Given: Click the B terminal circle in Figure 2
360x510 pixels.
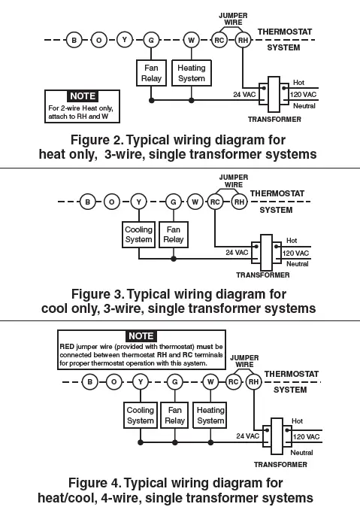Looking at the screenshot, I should pos(74,40).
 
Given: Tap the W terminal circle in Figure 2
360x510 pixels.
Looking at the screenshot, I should pos(192,40).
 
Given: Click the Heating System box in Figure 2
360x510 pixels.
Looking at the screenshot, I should pos(192,73).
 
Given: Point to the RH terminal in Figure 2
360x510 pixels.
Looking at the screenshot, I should pos(243,40).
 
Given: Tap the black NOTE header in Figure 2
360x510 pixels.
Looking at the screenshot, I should pos(82,96).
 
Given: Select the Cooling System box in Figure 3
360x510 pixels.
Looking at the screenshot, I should pos(138,235).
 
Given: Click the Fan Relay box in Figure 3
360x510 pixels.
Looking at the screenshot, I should pos(173,235).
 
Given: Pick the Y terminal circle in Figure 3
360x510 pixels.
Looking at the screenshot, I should pos(138,202).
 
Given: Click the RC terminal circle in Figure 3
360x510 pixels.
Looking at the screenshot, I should pos(215,202).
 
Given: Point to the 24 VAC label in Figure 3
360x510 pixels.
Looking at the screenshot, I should pos(237,253).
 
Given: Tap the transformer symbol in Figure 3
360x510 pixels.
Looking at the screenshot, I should pos(265,253).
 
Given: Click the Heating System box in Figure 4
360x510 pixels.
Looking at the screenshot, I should pos(210,415).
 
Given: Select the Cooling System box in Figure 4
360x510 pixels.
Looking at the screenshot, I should pos(140,415).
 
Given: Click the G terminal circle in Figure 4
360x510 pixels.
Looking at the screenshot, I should pos(174,382).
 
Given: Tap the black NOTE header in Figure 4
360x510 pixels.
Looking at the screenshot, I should pos(141,335).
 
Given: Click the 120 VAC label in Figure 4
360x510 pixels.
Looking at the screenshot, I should pos(305,436).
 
